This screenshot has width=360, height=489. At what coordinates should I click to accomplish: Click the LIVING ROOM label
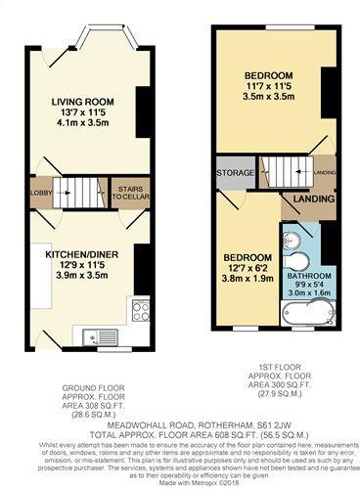coord(83,101)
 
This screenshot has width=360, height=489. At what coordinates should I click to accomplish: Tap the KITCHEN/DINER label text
coord(82,253)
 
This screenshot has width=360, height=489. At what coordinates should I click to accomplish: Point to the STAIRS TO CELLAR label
coord(130,191)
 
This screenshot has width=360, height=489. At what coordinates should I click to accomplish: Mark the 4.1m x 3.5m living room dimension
coord(83,124)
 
